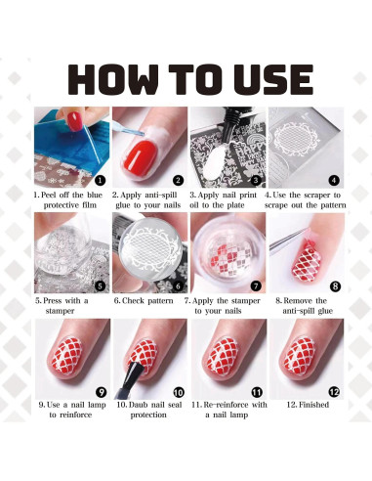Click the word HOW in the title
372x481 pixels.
pyautogui.click(x=113, y=79)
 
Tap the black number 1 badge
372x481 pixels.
pyautogui.click(x=100, y=180)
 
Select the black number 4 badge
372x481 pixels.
pyautogui.click(x=334, y=180)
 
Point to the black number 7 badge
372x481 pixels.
pyautogui.click(x=256, y=285)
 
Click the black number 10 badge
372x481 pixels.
pyautogui.click(x=179, y=392)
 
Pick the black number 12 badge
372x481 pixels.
pyautogui.click(x=334, y=391)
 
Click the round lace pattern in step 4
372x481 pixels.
pyautogui.click(x=296, y=139)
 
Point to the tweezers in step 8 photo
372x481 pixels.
pyautogui.click(x=287, y=242)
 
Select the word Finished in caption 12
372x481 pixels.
pyautogui.click(x=313, y=405)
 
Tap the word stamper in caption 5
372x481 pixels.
pyautogui.click(x=60, y=311)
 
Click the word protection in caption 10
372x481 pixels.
pyautogui.click(x=148, y=415)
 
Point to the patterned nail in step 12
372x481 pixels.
pyautogui.click(x=299, y=356)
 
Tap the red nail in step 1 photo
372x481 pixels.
pyautogui.click(x=75, y=121)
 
